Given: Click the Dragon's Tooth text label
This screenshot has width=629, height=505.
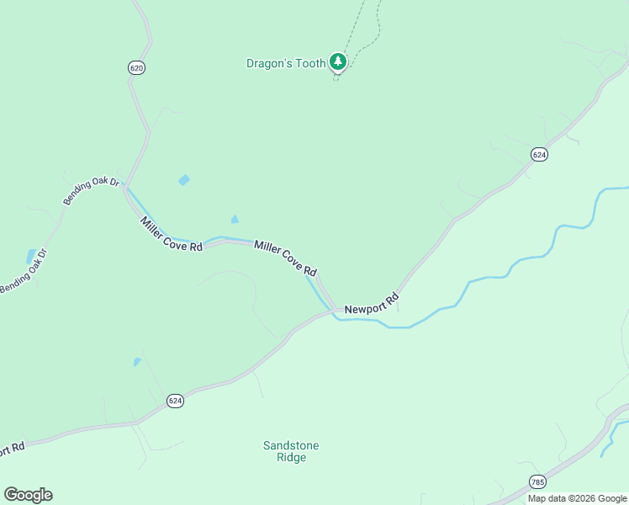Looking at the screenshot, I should pyautogui.click(x=285, y=63).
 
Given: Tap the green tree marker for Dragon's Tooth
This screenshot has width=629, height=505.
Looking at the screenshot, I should pyautogui.click(x=337, y=61).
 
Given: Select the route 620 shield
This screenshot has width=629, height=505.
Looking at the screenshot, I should pyautogui.click(x=137, y=67).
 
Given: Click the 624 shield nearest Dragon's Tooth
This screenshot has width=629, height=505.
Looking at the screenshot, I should pyautogui.click(x=539, y=154).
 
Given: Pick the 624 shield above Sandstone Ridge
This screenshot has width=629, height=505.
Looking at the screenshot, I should pyautogui.click(x=174, y=401).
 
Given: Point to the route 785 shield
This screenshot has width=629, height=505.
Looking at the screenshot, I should pyautogui.click(x=537, y=481).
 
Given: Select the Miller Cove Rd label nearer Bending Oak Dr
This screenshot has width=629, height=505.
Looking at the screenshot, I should pyautogui.click(x=172, y=235).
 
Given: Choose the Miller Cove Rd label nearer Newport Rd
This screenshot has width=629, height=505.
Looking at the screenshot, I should pyautogui.click(x=285, y=258).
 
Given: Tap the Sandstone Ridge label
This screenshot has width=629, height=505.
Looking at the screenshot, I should pyautogui.click(x=291, y=451).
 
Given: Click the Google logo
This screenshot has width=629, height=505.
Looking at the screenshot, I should pyautogui.click(x=28, y=495).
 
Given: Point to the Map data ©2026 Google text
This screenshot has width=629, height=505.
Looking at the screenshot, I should pyautogui.click(x=577, y=498).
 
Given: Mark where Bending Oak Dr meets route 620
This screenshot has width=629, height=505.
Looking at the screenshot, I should pyautogui.click(x=124, y=186).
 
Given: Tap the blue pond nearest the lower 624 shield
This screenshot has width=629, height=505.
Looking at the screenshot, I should pyautogui.click(x=137, y=362).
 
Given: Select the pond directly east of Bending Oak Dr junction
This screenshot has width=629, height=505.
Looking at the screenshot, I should pyautogui.click(x=184, y=180).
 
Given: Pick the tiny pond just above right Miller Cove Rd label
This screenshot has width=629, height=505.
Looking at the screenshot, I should pyautogui.click(x=235, y=220).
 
